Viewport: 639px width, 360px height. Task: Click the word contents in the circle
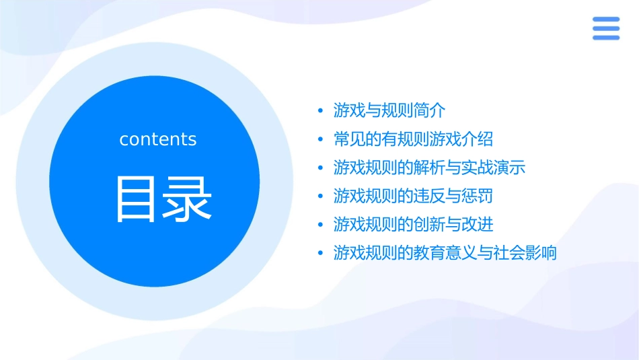(x=158, y=139)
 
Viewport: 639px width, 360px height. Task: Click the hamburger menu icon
(x=606, y=28)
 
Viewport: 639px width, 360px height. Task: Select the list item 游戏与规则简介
(x=389, y=110)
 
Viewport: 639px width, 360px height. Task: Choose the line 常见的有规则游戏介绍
(x=413, y=139)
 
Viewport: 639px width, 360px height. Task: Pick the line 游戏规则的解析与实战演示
(x=429, y=168)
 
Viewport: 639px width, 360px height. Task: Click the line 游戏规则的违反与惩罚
(x=413, y=196)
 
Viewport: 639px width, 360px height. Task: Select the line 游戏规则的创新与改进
(x=413, y=225)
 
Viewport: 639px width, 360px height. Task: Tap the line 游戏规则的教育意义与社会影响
(x=445, y=254)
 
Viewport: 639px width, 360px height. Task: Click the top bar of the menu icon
(x=606, y=20)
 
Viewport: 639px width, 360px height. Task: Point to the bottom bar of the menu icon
(x=606, y=38)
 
